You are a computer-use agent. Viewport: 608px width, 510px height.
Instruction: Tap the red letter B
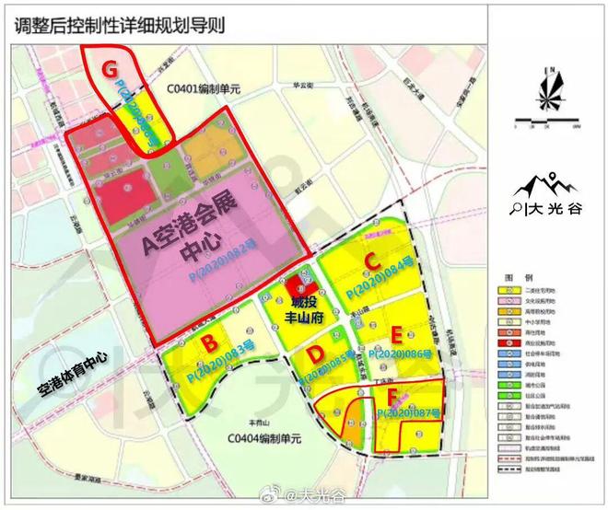coord(209,344)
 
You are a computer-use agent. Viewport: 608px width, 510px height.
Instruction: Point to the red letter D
coord(315,354)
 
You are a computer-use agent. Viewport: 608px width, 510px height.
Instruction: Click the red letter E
coord(397,334)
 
